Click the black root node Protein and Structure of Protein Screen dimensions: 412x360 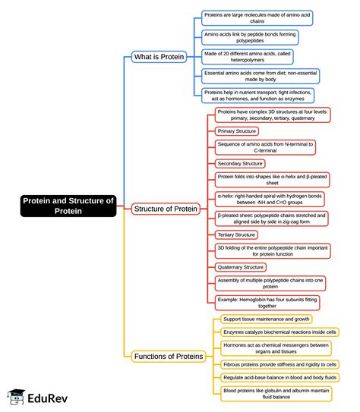(68, 206)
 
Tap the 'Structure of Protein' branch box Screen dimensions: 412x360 (166, 208)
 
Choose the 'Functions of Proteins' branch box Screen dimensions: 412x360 (168, 356)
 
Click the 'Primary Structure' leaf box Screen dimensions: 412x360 (237, 131)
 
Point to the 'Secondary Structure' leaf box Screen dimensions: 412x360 (240, 163)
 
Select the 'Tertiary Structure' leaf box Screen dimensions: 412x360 (236, 234)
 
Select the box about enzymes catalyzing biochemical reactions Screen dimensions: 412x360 (279, 332)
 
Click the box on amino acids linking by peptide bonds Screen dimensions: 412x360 (250, 37)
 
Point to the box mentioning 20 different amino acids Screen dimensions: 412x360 (247, 57)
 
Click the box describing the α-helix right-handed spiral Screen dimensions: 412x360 (269, 199)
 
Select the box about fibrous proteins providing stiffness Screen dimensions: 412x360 (279, 364)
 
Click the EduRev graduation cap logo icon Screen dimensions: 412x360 (16, 396)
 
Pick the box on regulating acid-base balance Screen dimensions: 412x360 (279, 377)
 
